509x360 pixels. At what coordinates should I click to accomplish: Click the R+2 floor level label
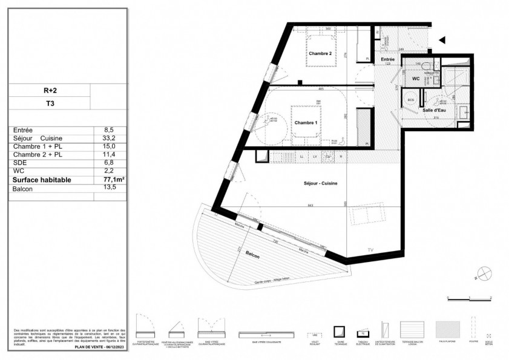[x=50, y=90]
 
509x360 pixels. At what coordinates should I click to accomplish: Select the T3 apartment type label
[x=50, y=103]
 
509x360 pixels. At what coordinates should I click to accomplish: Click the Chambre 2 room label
[x=320, y=54]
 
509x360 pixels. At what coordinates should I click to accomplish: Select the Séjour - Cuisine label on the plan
[x=320, y=183]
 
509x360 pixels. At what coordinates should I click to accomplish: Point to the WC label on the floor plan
[x=416, y=79]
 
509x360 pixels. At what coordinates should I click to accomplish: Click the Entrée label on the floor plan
[x=387, y=59]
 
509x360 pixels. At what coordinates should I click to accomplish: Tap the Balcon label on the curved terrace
[x=252, y=257]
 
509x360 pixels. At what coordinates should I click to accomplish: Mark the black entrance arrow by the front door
[x=442, y=40]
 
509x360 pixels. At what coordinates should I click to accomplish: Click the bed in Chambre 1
[x=305, y=124]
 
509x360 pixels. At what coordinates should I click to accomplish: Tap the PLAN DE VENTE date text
[x=100, y=348]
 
